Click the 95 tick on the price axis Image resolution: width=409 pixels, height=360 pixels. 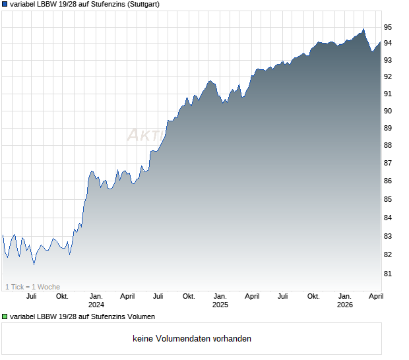click(388, 27)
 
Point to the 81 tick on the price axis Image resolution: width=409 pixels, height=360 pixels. click(388, 273)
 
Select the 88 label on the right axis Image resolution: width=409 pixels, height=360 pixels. click(388, 145)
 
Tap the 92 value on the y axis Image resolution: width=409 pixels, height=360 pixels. click(388, 76)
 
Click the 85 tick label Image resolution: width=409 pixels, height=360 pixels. click(388, 199)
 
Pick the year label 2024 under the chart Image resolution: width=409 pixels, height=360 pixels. click(96, 305)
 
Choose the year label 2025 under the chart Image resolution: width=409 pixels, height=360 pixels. click(220, 305)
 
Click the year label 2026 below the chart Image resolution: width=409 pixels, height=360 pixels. click(345, 305)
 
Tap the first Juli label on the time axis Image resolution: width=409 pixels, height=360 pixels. click(31, 296)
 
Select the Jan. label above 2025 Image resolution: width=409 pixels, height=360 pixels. click(220, 296)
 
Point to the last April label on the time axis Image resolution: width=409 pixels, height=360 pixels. click(375, 296)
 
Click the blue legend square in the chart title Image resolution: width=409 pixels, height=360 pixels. click(5, 4)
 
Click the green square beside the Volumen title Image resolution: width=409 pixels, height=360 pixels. click(5, 317)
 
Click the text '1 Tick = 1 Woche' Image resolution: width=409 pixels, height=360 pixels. click(32, 287)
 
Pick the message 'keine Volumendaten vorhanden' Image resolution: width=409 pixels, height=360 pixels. click(192, 339)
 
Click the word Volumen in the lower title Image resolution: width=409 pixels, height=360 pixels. click(139, 317)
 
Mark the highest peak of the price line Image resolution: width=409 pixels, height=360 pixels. click(363, 29)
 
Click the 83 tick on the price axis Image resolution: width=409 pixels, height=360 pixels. click(388, 236)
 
